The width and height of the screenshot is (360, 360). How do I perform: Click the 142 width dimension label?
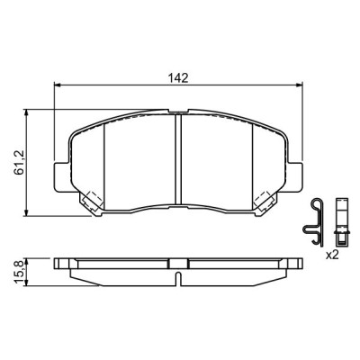pyautogui.click(x=178, y=78)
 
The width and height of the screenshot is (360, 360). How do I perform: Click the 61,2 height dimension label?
pyautogui.click(x=19, y=163)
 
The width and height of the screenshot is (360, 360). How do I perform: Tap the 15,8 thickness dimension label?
pyautogui.click(x=19, y=272)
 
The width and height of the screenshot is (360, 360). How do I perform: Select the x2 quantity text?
pyautogui.click(x=332, y=255)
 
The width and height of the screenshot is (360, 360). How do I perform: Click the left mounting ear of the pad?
pyautogui.click(x=61, y=176)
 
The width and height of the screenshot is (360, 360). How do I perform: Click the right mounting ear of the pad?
pyautogui.click(x=294, y=176)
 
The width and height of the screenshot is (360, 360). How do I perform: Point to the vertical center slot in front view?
pyautogui.click(x=178, y=159)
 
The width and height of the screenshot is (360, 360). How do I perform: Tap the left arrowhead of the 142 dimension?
pyautogui.click(x=57, y=85)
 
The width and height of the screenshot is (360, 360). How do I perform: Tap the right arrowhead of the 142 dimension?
pyautogui.click(x=299, y=85)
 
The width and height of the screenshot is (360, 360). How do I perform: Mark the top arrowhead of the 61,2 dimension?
pyautogui.click(x=27, y=112)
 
